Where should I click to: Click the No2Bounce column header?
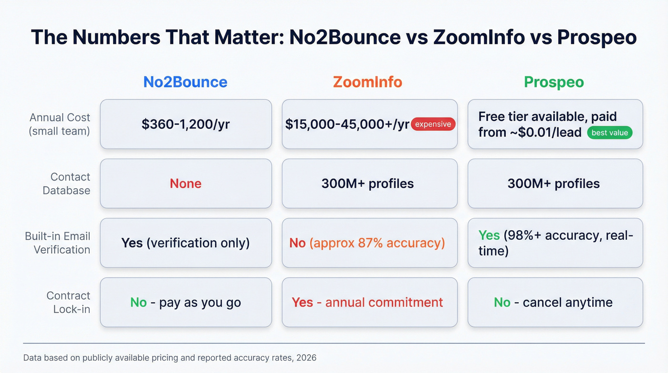(x=185, y=82)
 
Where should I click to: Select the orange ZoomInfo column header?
(x=367, y=82)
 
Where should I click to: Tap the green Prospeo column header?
(x=554, y=82)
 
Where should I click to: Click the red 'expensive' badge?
(x=433, y=124)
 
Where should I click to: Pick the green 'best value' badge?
(x=609, y=133)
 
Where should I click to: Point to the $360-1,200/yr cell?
(x=186, y=124)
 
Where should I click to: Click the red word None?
(x=186, y=183)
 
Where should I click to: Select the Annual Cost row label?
(x=60, y=124)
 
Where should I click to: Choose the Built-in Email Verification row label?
(x=58, y=243)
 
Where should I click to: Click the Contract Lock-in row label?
(x=68, y=302)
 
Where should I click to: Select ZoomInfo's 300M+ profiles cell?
(x=367, y=183)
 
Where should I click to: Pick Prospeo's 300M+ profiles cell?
(x=554, y=183)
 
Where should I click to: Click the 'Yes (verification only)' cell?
(x=186, y=243)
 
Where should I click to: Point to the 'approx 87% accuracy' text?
(x=377, y=243)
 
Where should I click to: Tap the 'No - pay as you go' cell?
(x=186, y=302)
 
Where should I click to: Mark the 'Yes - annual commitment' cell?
(x=367, y=302)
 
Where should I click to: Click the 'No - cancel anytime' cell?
(x=554, y=302)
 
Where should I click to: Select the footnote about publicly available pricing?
(x=169, y=357)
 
